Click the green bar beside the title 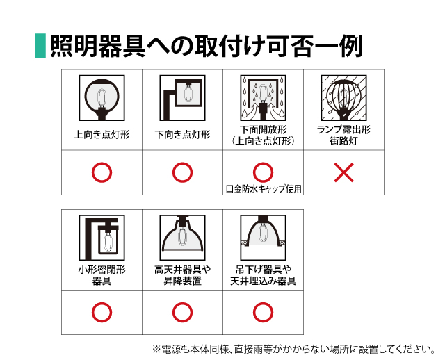[40, 46]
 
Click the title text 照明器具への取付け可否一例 [207, 46]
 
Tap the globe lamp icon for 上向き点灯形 [102, 98]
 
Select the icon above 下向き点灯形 [182, 98]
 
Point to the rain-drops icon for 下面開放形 [263, 98]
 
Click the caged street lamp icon [343, 98]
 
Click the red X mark [343, 172]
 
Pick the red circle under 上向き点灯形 [102, 172]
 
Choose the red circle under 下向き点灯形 [182, 172]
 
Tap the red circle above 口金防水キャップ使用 [263, 172]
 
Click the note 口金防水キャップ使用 [264, 189]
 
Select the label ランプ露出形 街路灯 [343, 135]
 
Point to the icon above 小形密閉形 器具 [102, 238]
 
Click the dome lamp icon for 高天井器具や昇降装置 [182, 238]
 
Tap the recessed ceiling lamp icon [263, 238]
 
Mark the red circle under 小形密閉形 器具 [102, 312]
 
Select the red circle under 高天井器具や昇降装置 [182, 312]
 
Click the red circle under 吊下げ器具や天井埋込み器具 [263, 312]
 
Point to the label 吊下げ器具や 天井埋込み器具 [263, 275]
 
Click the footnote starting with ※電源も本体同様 [293, 349]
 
